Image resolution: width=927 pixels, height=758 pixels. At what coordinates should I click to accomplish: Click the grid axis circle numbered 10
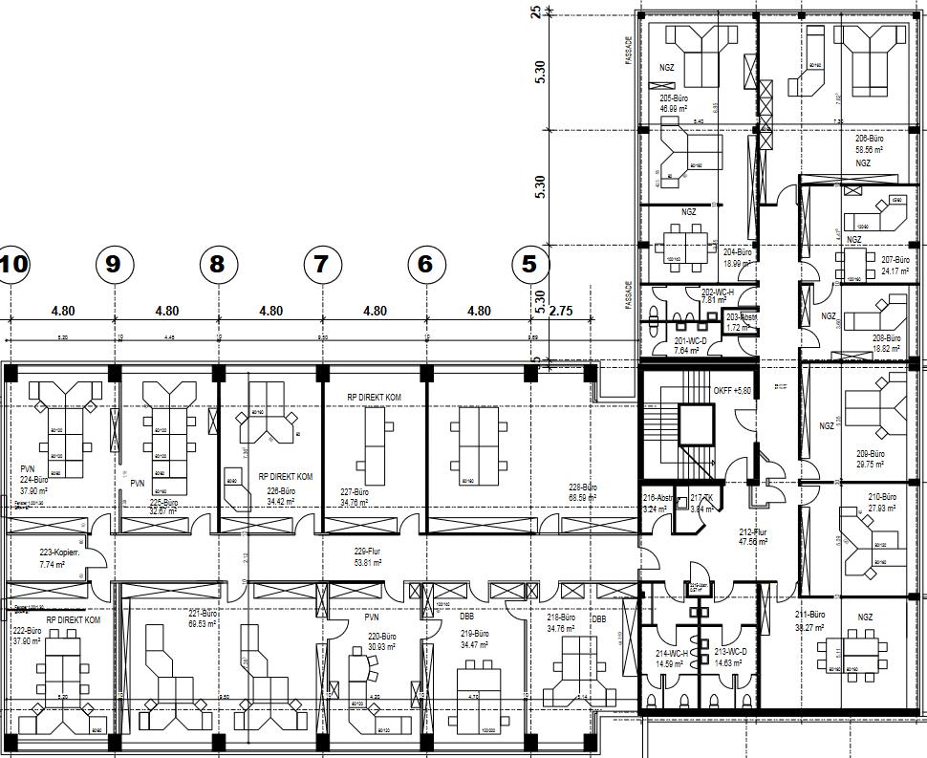[x=13, y=265]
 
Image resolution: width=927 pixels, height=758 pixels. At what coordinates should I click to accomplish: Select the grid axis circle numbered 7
[x=321, y=265]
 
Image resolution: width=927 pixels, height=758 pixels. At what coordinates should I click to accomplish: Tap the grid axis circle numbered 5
[x=529, y=265]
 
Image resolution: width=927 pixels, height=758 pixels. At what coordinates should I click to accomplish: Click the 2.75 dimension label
[x=562, y=311]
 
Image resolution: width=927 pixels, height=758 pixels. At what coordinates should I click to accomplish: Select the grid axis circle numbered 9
[x=114, y=265]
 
